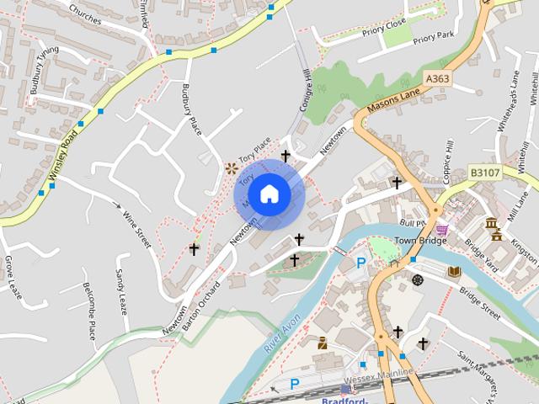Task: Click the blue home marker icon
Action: click(x=269, y=194)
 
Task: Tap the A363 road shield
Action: click(x=437, y=78)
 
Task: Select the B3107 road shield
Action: click(x=485, y=173)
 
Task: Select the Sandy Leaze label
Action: click(x=121, y=291)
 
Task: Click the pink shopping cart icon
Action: click(x=442, y=228)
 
